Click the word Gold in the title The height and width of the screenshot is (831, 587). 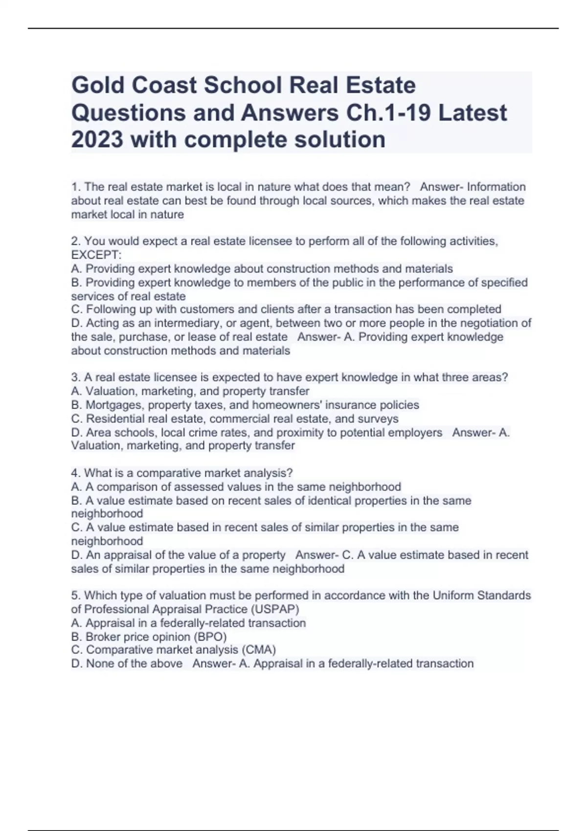[97, 85]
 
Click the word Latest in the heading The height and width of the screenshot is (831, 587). [472, 112]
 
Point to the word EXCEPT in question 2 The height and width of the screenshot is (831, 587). [95, 255]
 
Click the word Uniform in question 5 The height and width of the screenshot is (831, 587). [453, 595]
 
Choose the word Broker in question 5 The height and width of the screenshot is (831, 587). [102, 636]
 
